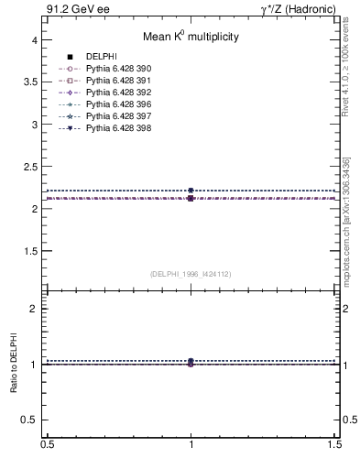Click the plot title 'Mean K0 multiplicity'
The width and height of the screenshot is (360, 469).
pyautogui.click(x=190, y=38)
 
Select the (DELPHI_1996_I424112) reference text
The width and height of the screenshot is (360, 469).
pyautogui.click(x=190, y=273)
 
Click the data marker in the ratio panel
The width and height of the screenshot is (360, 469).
pyautogui.click(x=191, y=364)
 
